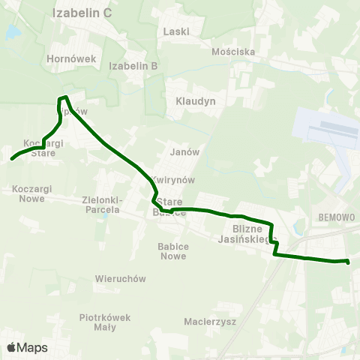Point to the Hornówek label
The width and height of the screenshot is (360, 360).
(x=68, y=58)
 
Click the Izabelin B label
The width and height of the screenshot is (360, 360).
(x=133, y=65)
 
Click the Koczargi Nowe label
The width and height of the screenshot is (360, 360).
(x=31, y=193)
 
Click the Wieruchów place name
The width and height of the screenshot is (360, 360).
(x=120, y=278)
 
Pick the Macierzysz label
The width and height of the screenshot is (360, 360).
(x=210, y=322)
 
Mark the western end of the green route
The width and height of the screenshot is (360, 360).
(x=12, y=158)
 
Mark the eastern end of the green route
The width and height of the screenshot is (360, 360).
(x=348, y=262)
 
